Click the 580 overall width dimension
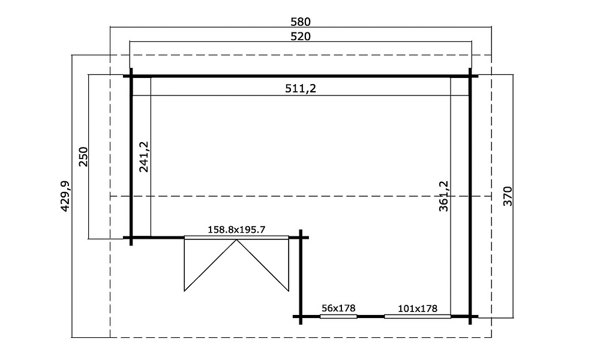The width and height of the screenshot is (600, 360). pyautogui.click(x=301, y=22)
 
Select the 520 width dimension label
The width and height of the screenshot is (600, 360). pyautogui.click(x=301, y=37)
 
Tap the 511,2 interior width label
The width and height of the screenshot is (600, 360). pyautogui.click(x=301, y=89)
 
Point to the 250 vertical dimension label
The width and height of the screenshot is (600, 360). pyautogui.click(x=83, y=156)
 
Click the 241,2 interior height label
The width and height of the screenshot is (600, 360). pyautogui.click(x=144, y=157)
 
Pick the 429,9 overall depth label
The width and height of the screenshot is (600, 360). pyautogui.click(x=65, y=196)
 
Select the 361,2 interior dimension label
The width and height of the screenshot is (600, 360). pyautogui.click(x=443, y=196)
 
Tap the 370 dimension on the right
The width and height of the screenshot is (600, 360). pyautogui.click(x=508, y=196)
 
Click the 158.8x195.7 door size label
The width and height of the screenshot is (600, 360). pyautogui.click(x=236, y=230)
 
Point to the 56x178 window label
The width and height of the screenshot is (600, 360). pyautogui.click(x=338, y=308)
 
